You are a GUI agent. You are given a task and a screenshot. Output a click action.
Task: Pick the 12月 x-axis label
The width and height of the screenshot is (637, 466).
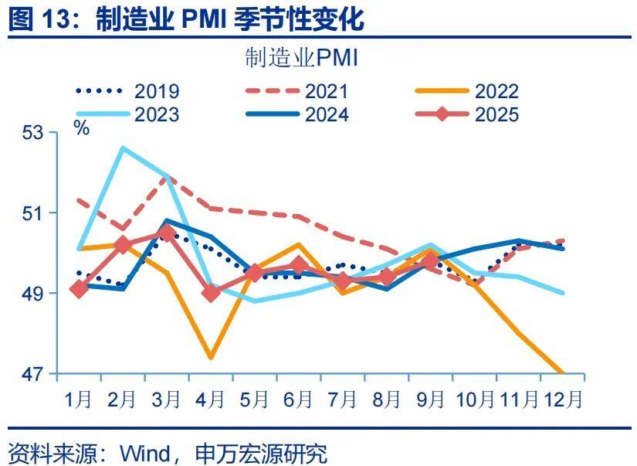click(564, 399)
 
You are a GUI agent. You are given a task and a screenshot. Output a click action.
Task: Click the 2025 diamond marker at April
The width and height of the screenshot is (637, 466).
click(210, 293)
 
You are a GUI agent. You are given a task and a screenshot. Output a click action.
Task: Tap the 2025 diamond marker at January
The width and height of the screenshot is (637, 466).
click(78, 289)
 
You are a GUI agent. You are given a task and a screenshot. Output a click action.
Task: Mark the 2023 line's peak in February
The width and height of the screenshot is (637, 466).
click(122, 148)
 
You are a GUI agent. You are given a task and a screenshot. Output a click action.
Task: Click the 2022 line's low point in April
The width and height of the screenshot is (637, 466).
click(210, 358)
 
